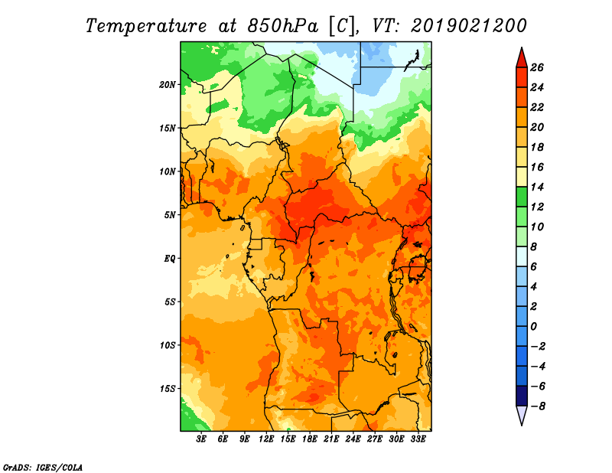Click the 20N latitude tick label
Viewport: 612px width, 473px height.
pyautogui.click(x=167, y=85)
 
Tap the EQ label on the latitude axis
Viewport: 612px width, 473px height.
pyautogui.click(x=170, y=259)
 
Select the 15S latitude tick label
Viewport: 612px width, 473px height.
pyautogui.click(x=167, y=389)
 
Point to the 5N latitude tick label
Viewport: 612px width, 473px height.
pyautogui.click(x=170, y=215)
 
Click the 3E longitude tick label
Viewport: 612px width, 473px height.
pyautogui.click(x=201, y=439)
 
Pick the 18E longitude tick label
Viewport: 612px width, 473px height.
pyautogui.click(x=310, y=439)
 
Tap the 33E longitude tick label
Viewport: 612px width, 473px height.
pyautogui.click(x=418, y=439)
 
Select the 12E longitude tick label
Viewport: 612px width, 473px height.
pyautogui.click(x=266, y=439)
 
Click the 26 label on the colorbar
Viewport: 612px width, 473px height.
pyautogui.click(x=537, y=67)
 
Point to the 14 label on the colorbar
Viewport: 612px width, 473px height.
pyautogui.click(x=537, y=187)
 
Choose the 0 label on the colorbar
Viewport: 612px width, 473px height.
pyautogui.click(x=533, y=327)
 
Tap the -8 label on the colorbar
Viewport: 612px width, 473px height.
pyautogui.click(x=538, y=406)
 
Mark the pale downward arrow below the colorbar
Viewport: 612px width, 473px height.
pyautogui.click(x=522, y=414)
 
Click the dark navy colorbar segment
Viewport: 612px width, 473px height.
pyautogui.click(x=522, y=396)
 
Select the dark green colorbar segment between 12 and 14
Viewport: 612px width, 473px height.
pyautogui.click(x=522, y=197)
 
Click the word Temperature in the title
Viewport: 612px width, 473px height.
pyautogui.click(x=146, y=26)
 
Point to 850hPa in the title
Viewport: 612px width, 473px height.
pyautogui.click(x=283, y=26)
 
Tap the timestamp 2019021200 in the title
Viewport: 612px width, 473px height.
pyautogui.click(x=469, y=26)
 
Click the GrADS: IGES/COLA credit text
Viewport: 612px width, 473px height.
pyautogui.click(x=43, y=468)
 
